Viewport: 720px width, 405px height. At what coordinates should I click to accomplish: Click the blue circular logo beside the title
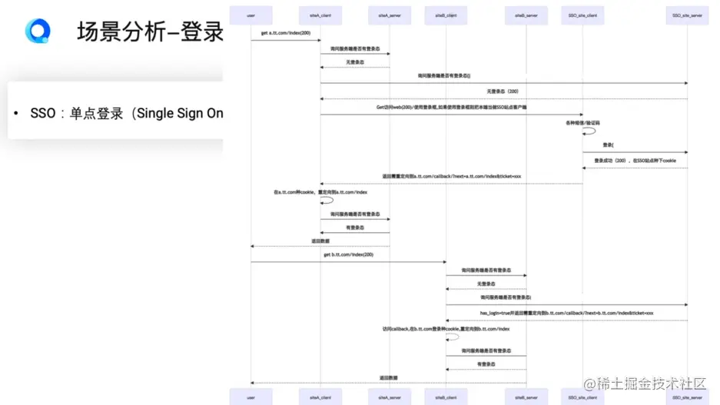tap(37, 32)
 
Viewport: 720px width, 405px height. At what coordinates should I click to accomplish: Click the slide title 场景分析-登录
tap(150, 32)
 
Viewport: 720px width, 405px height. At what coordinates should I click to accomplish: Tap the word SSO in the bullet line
tap(43, 113)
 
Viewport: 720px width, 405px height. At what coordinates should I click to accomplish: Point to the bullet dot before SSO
tap(15, 114)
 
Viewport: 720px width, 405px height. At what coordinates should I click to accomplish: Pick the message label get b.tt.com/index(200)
tap(347, 254)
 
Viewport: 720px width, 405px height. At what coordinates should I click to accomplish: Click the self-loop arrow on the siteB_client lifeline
tap(454, 337)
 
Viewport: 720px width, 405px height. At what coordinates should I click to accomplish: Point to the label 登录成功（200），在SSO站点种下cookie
tap(635, 161)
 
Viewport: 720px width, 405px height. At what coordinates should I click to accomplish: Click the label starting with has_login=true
tap(566, 313)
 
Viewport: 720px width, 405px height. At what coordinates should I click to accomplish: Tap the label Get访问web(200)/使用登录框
tap(451, 108)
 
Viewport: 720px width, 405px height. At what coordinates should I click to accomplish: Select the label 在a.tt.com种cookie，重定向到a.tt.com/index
tap(320, 192)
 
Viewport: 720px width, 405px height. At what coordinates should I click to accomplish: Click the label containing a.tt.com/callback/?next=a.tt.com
tap(451, 176)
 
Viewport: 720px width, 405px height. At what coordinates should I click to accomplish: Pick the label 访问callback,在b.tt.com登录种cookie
tap(446, 329)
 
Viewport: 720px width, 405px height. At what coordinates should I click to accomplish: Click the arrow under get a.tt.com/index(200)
tap(285, 41)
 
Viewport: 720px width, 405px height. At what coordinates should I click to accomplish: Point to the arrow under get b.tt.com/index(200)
tap(347, 262)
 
